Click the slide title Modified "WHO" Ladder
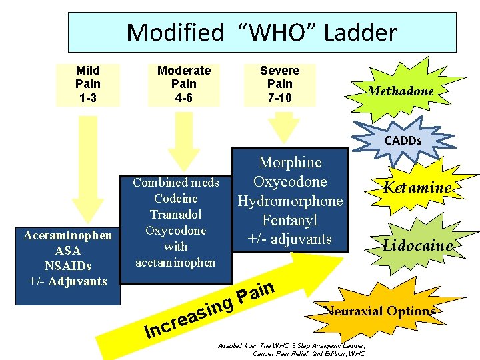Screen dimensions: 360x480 click(x=261, y=32)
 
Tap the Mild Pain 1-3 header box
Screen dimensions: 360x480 click(x=88, y=85)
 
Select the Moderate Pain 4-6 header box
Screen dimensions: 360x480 click(x=183, y=85)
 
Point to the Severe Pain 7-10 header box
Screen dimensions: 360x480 click(x=279, y=85)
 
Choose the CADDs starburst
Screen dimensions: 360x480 click(x=402, y=141)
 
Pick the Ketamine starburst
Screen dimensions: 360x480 click(x=416, y=187)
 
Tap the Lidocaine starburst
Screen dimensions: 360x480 click(x=417, y=245)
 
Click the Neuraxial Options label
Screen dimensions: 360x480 click(x=379, y=311)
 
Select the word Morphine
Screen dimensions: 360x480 click(x=290, y=163)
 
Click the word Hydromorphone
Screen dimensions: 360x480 click(x=290, y=201)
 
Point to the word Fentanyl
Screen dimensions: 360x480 click(x=290, y=220)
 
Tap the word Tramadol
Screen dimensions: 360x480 click(x=175, y=215)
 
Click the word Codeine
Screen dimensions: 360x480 click(x=175, y=199)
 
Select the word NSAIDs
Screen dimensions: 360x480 click(x=68, y=266)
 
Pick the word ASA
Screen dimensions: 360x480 click(x=68, y=251)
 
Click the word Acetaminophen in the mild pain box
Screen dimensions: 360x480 click(x=68, y=235)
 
